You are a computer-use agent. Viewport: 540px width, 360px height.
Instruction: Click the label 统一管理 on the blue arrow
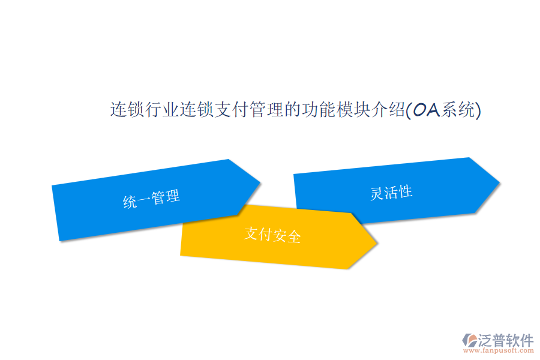click(x=152, y=199)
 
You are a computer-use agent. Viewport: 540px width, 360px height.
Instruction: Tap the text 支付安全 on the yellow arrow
click(x=272, y=235)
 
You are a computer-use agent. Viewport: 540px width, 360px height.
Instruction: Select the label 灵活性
click(x=391, y=193)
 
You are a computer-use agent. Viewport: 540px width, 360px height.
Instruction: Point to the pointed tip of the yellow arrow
click(x=377, y=242)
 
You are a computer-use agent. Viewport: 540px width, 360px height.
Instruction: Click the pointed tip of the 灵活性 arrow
click(x=499, y=182)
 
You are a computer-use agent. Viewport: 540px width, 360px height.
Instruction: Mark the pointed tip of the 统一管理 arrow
click(x=260, y=182)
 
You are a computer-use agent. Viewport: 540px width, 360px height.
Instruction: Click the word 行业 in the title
click(x=163, y=110)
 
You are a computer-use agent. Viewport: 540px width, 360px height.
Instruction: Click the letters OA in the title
click(x=426, y=110)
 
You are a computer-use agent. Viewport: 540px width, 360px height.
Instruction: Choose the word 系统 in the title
click(x=458, y=110)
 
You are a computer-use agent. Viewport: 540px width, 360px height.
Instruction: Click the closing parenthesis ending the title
click(x=478, y=110)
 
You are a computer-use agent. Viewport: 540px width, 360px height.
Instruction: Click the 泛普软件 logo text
click(x=506, y=340)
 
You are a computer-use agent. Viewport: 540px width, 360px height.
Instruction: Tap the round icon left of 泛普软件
click(x=469, y=340)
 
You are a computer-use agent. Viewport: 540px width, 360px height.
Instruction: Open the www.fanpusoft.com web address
click(x=499, y=350)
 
